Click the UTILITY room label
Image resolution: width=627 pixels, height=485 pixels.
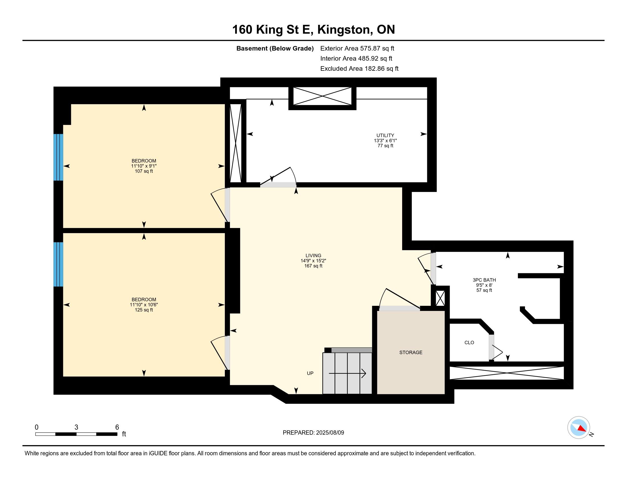(385, 135)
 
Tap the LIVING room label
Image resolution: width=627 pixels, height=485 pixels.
(313, 255)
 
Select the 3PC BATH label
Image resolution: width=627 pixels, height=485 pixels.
(484, 280)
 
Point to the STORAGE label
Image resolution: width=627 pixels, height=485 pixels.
(411, 352)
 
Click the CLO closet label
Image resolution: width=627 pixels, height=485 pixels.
(469, 342)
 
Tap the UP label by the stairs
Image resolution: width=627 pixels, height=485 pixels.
(310, 373)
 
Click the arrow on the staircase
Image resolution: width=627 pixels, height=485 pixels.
(347, 373)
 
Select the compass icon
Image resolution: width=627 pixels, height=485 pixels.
(579, 427)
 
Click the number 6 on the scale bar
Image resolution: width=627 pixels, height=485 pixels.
(117, 427)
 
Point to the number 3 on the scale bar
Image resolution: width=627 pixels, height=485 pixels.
(76, 427)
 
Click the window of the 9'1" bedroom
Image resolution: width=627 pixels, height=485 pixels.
(58, 157)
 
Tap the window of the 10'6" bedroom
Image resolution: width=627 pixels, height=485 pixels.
(58, 264)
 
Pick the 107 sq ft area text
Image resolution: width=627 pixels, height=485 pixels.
(144, 171)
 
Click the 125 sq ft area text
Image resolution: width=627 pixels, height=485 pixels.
(144, 310)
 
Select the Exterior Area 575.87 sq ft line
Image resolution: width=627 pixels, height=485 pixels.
(357, 48)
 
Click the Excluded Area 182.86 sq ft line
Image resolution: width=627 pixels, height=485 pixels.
(359, 68)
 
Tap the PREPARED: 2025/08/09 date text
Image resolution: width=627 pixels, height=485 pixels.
(313, 433)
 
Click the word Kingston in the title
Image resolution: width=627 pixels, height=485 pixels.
(344, 30)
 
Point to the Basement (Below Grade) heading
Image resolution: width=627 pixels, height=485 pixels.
(275, 48)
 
